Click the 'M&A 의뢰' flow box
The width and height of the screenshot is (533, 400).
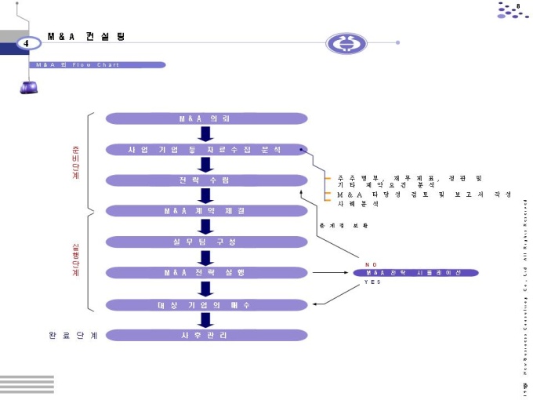[204, 118]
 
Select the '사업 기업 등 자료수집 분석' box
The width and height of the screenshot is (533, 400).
[204, 149]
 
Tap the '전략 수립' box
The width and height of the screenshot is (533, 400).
[204, 180]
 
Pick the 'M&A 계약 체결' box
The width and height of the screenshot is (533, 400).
[204, 211]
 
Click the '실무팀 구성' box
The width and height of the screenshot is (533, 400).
[204, 242]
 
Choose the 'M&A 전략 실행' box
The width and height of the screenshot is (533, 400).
[204, 272]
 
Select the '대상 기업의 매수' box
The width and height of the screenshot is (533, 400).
[204, 304]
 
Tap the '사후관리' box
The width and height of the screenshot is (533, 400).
[204, 335]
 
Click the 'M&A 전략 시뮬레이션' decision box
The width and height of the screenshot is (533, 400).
[415, 273]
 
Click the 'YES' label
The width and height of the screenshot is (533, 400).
[372, 282]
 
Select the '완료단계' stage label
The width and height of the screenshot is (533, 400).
[72, 336]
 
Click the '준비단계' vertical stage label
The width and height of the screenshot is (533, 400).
[75, 162]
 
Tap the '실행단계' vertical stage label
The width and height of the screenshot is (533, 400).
[75, 258]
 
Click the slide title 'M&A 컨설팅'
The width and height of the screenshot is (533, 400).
[85, 37]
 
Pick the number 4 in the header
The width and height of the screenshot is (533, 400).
[27, 42]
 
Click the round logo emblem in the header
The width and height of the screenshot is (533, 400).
[346, 44]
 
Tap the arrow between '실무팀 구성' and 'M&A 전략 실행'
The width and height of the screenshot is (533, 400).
[205, 257]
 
